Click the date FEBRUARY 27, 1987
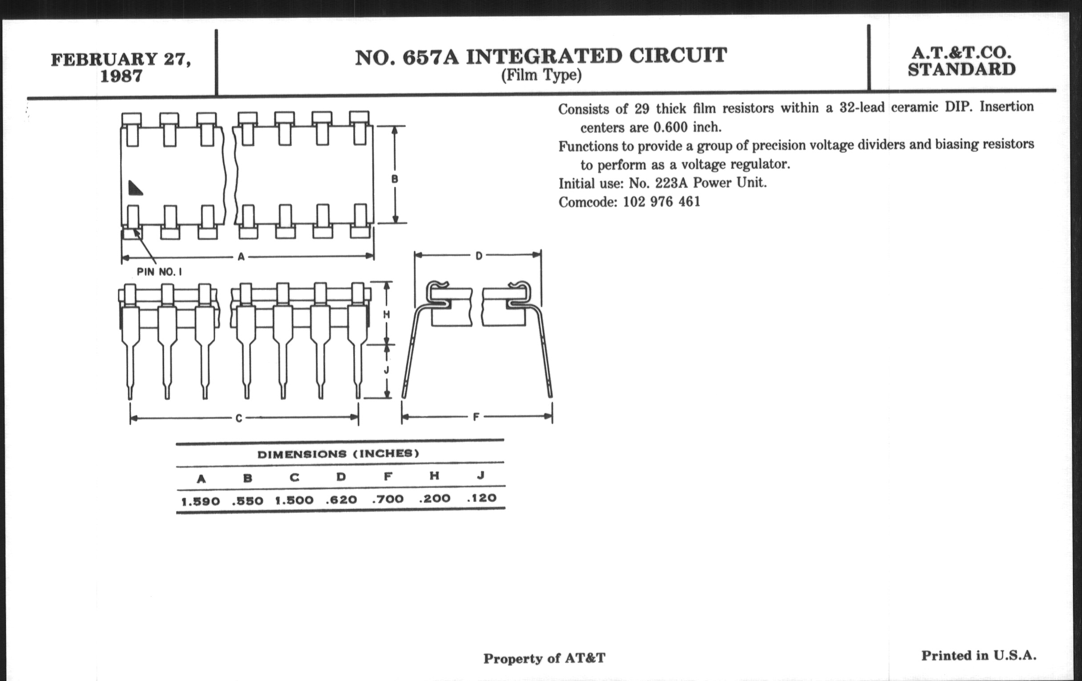coord(121,67)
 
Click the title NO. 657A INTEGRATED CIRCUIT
coord(541,57)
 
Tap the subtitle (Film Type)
coord(541,75)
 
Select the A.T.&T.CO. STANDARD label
coord(961,61)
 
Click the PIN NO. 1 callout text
coord(160,272)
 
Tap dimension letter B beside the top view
coord(395,179)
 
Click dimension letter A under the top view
coord(241,257)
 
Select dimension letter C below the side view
coord(239,418)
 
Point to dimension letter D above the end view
coord(479,256)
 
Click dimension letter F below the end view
coord(476,417)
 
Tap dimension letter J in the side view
coord(387,370)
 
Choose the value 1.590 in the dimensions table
coord(200,501)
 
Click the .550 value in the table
coord(247,501)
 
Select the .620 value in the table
coord(342,499)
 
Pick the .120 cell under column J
coord(481,498)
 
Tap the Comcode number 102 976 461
coord(662,202)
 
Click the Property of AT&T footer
coord(545,659)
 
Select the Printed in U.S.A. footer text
coord(979,656)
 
